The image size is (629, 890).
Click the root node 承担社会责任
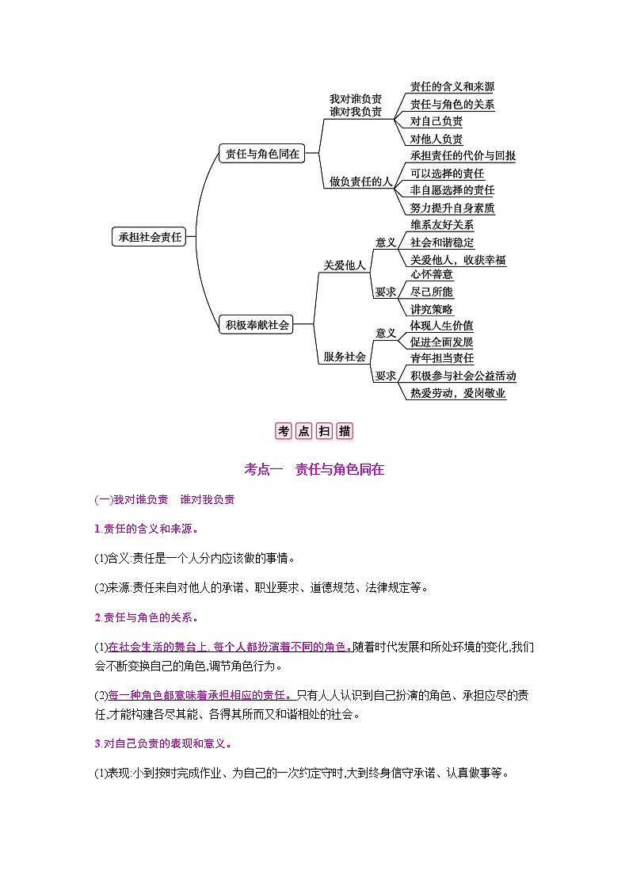tap(151, 237)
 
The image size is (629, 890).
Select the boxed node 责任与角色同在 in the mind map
tap(262, 155)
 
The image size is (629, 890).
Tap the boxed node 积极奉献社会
tap(257, 324)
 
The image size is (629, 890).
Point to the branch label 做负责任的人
tap(361, 181)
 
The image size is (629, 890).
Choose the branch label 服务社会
tap(345, 357)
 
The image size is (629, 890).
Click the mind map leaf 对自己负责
tap(436, 121)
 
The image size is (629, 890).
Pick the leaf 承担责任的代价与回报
tap(463, 156)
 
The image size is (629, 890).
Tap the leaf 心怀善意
tap(432, 274)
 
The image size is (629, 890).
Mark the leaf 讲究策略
tap(432, 309)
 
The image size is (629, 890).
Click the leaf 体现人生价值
tap(442, 325)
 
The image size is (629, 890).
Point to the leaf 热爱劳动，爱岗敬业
tap(458, 393)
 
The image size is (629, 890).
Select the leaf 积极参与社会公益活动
tap(463, 376)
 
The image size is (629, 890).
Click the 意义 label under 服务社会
tap(386, 333)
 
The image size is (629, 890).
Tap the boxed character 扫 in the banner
tap(324, 431)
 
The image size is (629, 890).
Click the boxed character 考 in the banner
tap(284, 431)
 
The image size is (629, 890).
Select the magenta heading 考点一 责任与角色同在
tap(314, 469)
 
